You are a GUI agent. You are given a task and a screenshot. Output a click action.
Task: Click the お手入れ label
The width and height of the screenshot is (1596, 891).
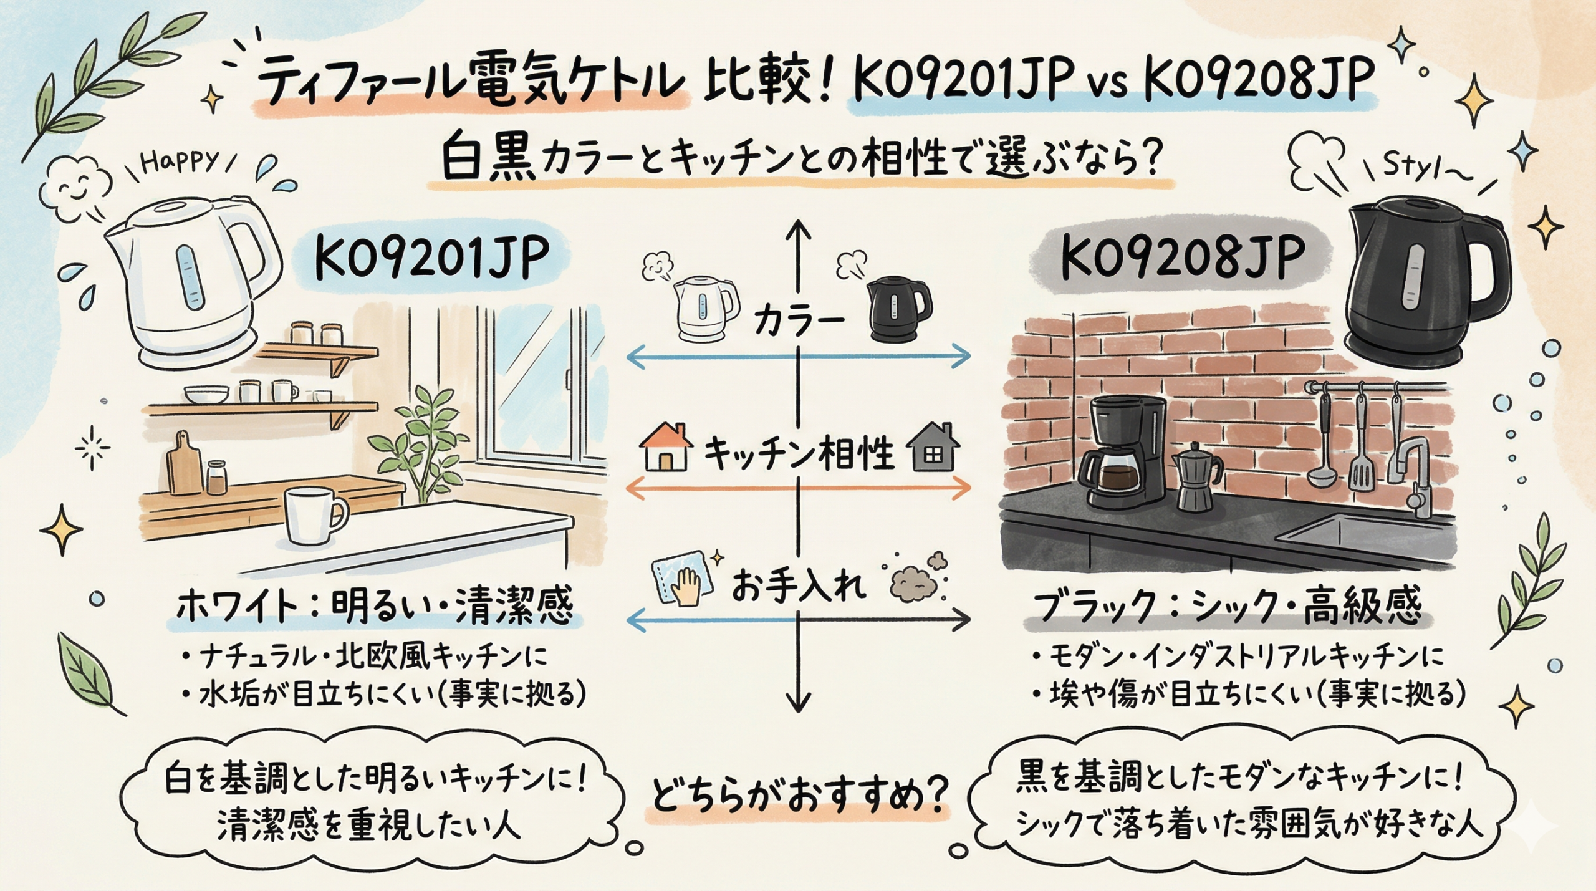798,587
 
